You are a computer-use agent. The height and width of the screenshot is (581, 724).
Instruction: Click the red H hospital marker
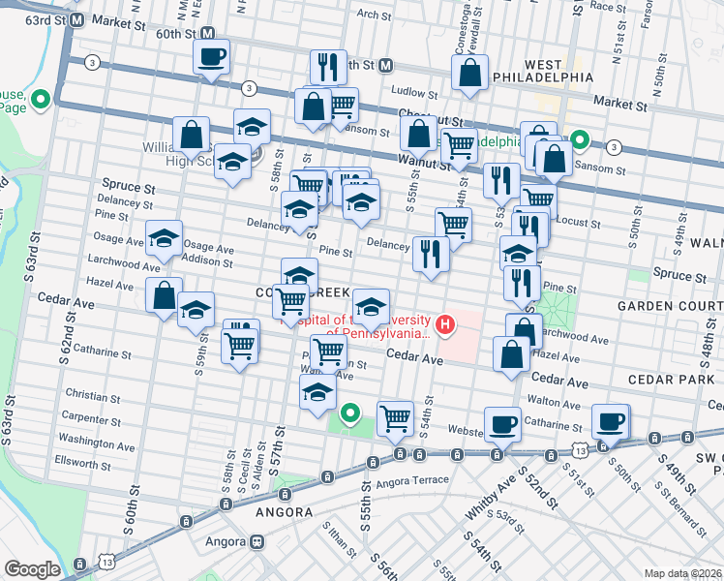445,323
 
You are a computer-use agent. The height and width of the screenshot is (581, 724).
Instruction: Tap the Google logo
32,569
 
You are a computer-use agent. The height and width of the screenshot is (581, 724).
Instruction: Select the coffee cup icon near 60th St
211,57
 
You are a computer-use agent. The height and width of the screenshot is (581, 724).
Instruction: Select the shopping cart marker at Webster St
395,419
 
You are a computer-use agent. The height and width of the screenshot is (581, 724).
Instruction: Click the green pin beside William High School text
256,151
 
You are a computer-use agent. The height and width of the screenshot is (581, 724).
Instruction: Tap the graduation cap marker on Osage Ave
165,239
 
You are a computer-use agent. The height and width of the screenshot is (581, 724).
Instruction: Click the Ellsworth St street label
84,463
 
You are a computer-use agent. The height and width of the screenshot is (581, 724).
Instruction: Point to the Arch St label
372,15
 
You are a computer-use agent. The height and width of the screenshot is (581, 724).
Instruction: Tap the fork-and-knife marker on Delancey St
432,255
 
